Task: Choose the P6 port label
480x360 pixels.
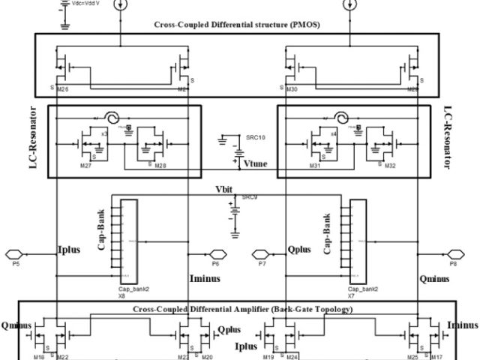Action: click(x=215, y=265)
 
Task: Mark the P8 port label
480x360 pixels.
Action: click(x=452, y=265)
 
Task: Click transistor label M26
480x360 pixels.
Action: click(x=63, y=88)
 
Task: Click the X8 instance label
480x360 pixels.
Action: click(x=121, y=295)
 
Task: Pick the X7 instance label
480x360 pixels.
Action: click(x=350, y=295)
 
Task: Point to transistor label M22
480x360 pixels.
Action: click(x=63, y=355)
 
